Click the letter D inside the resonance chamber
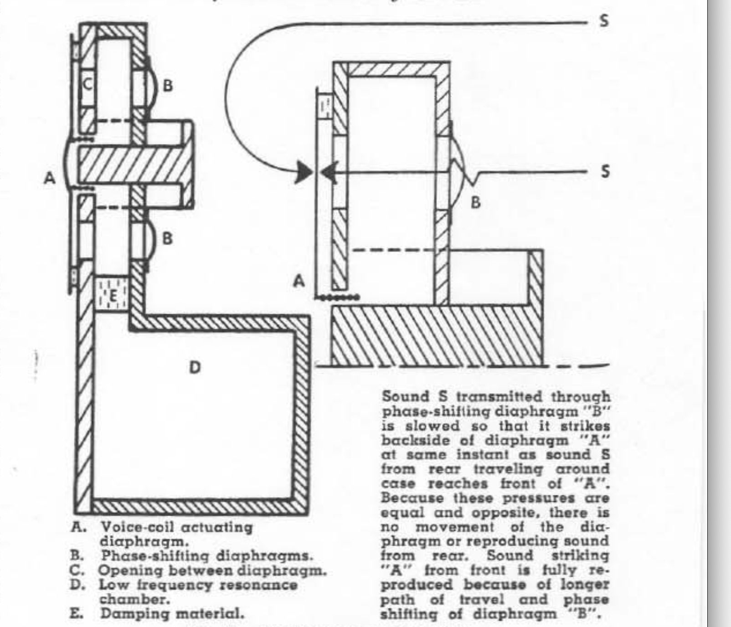195,367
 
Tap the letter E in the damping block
113,295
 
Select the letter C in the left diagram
88,84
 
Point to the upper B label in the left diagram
168,85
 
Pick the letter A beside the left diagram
49,178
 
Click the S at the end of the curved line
604,21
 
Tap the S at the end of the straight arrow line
605,171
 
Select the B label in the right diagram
475,202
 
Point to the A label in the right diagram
299,281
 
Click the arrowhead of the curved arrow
304,172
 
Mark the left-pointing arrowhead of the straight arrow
329,172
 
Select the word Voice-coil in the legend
136,527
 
